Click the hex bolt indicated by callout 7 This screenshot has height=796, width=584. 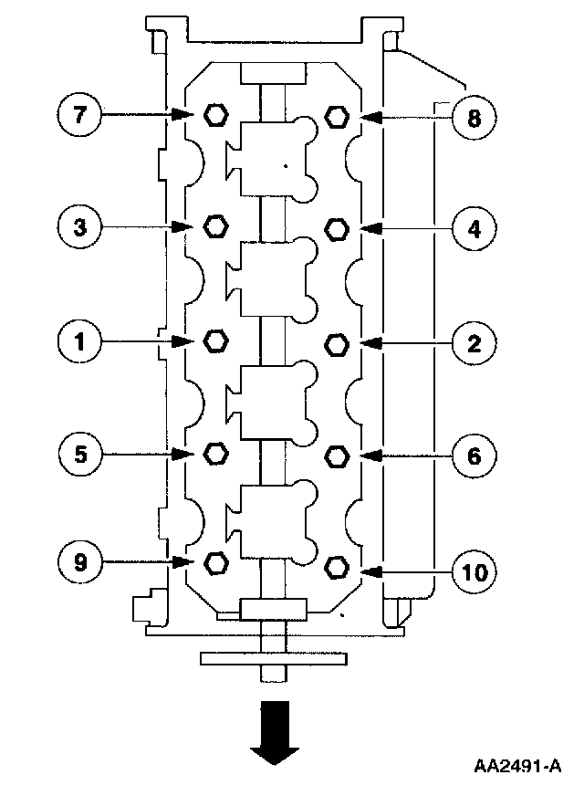(215, 115)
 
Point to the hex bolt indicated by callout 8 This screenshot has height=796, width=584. (336, 116)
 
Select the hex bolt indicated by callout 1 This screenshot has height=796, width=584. (215, 340)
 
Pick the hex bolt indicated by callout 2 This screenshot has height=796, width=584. (336, 342)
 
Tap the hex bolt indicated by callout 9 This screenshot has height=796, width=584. (215, 562)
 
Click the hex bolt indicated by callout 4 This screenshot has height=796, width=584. (336, 227)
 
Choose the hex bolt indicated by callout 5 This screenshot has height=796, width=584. (215, 452)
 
